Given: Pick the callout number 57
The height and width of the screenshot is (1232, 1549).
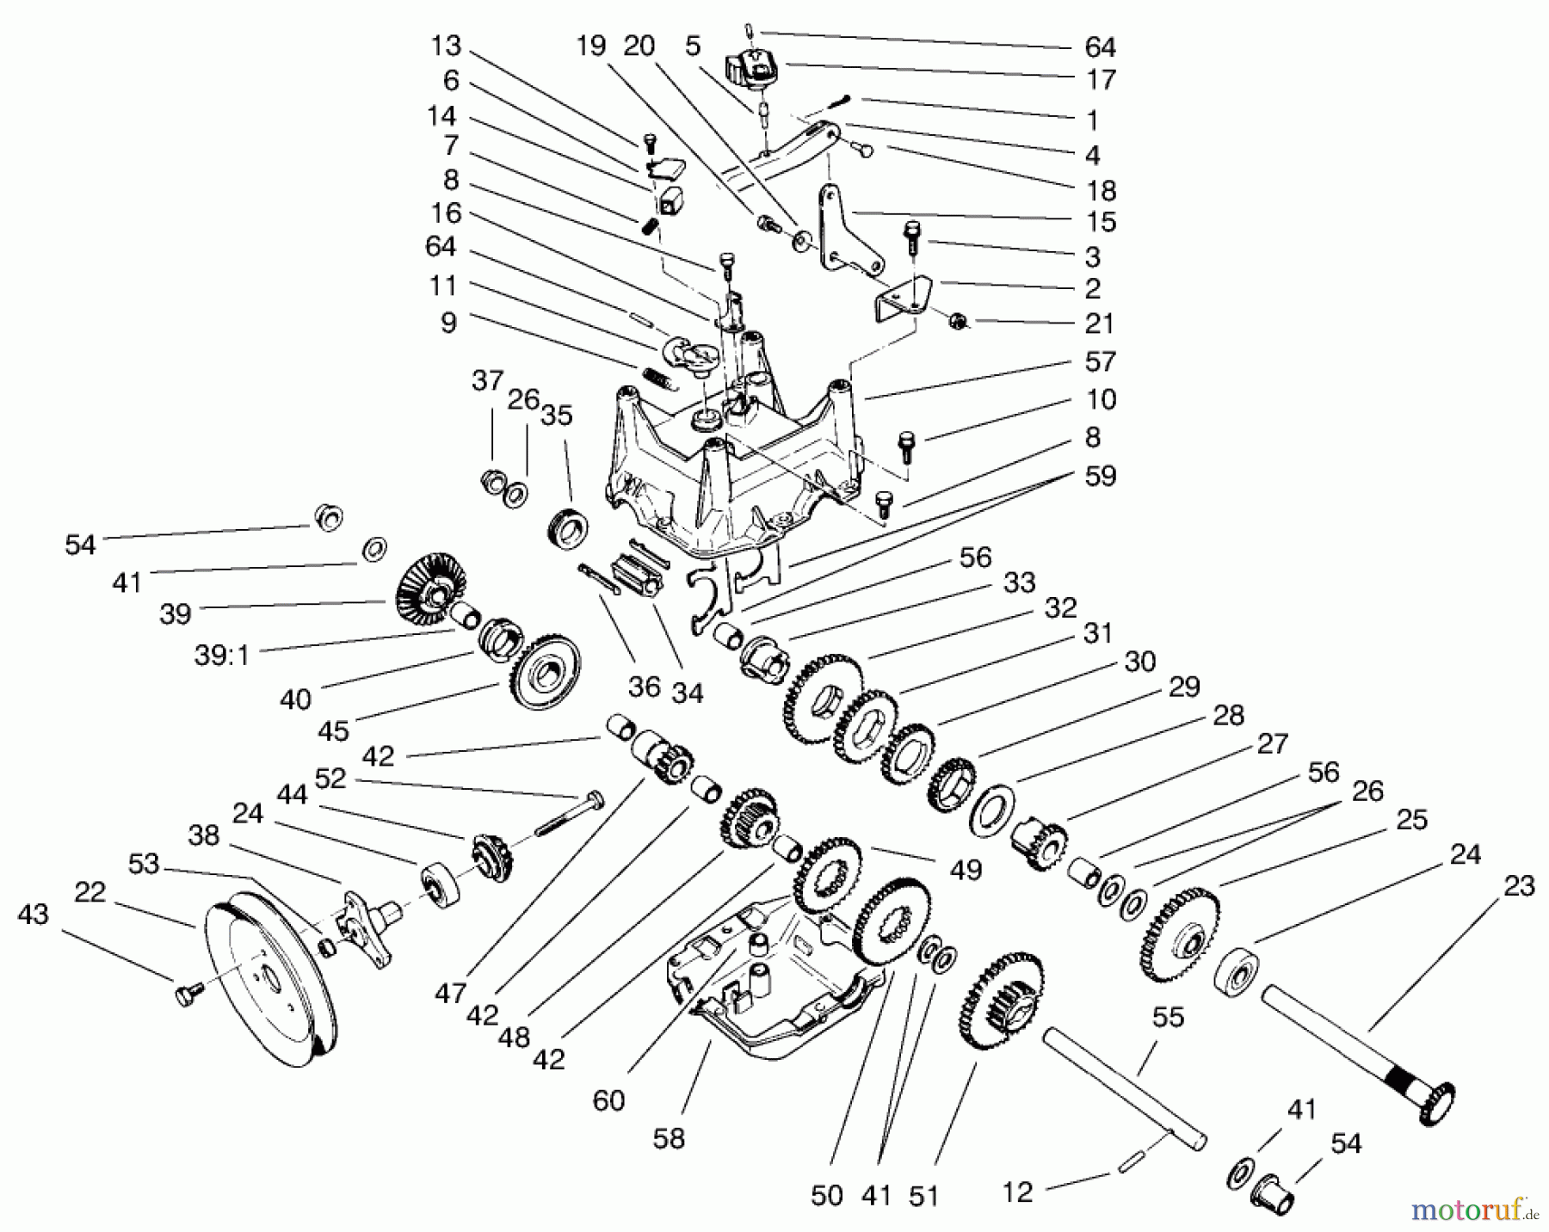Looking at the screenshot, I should tap(1100, 362).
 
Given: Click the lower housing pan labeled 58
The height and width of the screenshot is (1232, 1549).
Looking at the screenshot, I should tap(774, 981).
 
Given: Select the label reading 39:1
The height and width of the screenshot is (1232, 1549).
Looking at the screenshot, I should tap(221, 656).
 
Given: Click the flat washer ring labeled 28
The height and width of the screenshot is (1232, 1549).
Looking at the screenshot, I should tap(993, 808).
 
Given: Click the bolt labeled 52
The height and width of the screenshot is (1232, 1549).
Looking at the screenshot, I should tap(568, 817).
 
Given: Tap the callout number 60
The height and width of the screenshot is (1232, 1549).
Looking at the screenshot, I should tap(608, 1100).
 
